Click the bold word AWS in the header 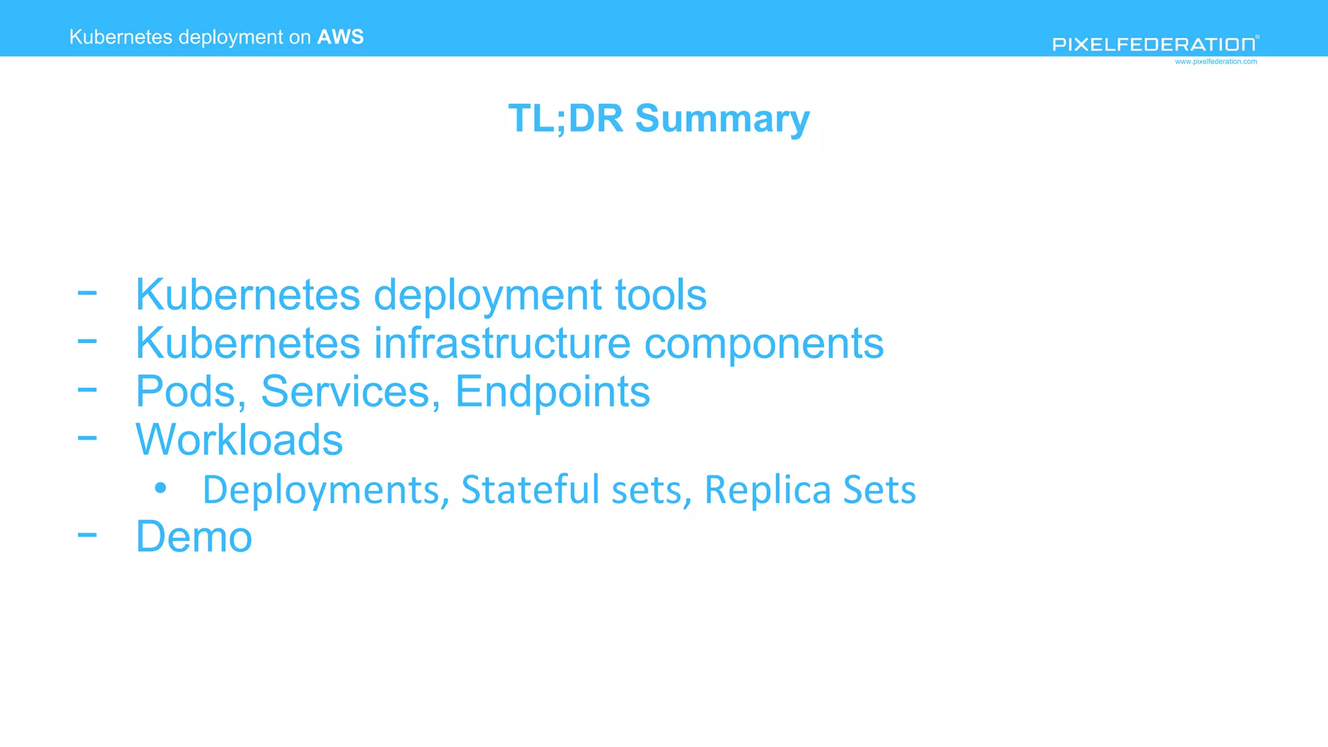point(340,37)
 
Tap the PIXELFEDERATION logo point(1154,44)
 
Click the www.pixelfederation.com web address point(1215,62)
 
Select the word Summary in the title point(722,119)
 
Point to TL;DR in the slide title point(565,119)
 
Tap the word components point(764,344)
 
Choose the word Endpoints point(552,392)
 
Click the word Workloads point(239,440)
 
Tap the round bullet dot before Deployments point(161,488)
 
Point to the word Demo point(194,537)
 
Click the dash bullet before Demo point(87,535)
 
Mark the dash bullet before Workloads point(87,438)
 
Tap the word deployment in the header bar point(231,38)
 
